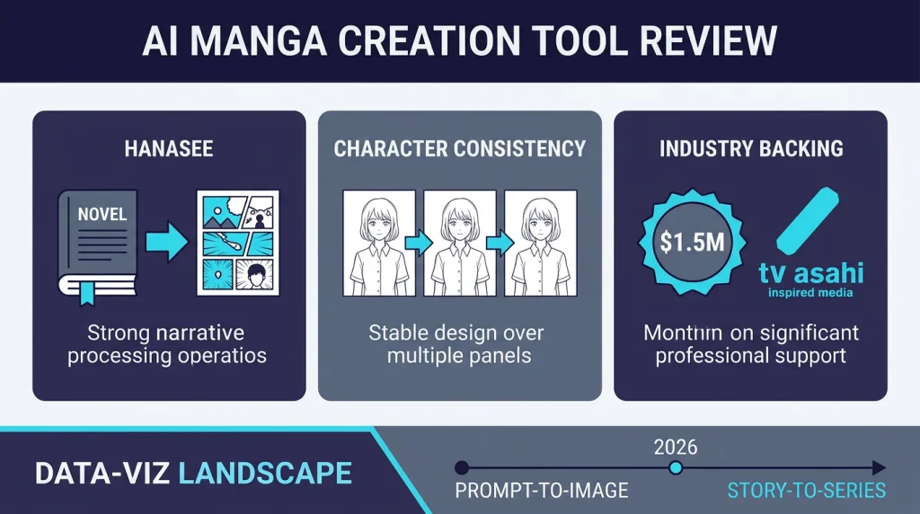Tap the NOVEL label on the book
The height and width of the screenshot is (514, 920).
(x=102, y=216)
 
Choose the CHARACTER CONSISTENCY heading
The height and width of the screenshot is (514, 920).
(x=459, y=149)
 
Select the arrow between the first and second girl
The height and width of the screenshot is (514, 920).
(x=415, y=243)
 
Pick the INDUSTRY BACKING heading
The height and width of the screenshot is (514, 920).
(x=751, y=149)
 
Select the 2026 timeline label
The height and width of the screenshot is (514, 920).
(x=676, y=447)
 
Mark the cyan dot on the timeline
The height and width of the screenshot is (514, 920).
(x=677, y=468)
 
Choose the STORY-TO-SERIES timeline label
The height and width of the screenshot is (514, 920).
(x=806, y=491)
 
